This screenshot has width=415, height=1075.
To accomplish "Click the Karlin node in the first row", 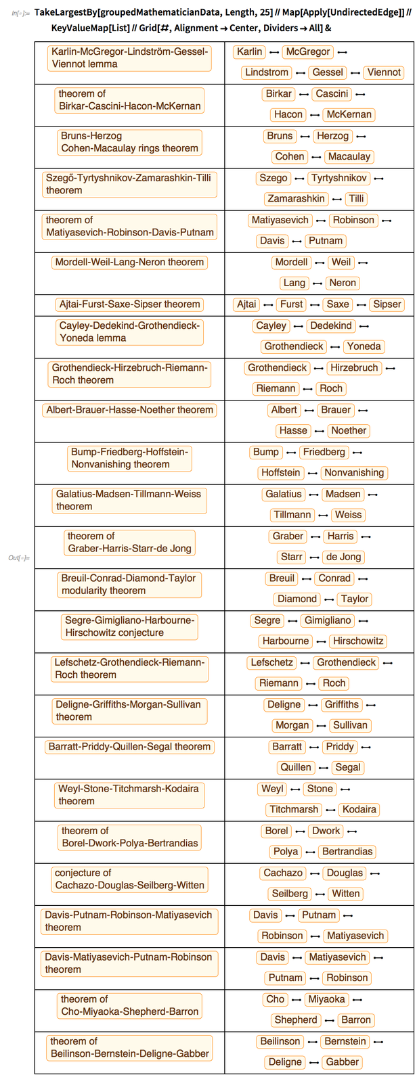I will [250, 51].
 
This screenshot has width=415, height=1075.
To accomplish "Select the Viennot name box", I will [384, 72].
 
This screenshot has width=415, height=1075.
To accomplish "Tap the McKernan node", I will [348, 114].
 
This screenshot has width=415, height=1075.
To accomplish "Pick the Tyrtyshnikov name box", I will [339, 178].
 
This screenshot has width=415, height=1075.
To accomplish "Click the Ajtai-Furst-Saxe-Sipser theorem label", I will [129, 304].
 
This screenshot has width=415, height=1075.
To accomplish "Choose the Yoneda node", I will [364, 346].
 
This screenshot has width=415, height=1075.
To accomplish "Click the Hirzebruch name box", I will [354, 367].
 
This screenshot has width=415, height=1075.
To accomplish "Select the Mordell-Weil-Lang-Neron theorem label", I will [129, 262].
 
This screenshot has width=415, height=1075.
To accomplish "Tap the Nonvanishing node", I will [353, 473].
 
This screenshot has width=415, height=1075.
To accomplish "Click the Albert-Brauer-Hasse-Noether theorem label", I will [129, 409].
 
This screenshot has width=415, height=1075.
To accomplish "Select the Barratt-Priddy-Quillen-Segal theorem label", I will [129, 747].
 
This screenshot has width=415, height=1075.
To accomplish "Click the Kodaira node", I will [359, 809].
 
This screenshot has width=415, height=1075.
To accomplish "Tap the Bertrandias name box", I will [347, 851].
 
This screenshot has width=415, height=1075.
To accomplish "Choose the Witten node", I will [346, 893].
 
